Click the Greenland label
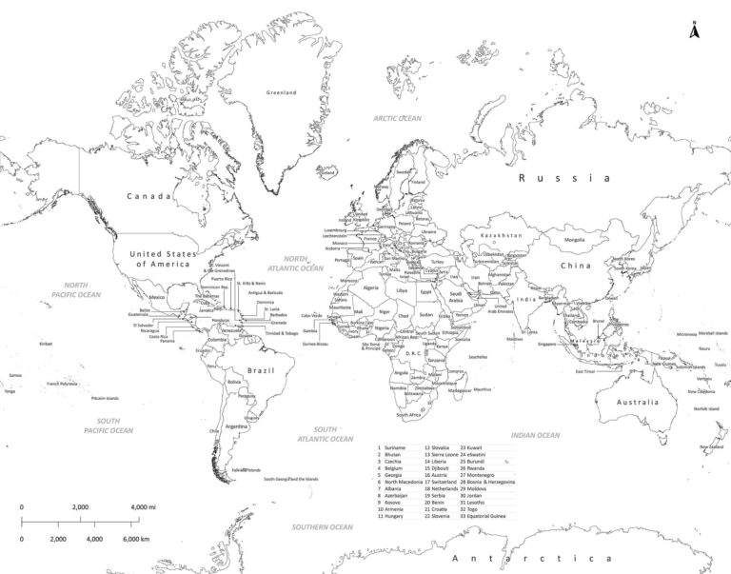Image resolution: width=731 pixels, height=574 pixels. pyautogui.click(x=282, y=92)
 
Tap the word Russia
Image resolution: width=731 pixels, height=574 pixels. pyautogui.click(x=562, y=177)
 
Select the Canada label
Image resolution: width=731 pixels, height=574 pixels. pyautogui.click(x=149, y=197)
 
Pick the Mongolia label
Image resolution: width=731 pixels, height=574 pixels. pyautogui.click(x=575, y=227)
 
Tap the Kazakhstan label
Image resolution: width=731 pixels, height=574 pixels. pyautogui.click(x=502, y=234)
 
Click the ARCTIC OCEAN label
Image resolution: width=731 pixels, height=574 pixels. pyautogui.click(x=397, y=119)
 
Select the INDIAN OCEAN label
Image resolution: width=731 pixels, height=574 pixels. pyautogui.click(x=535, y=435)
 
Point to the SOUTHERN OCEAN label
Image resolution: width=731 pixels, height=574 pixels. pyautogui.click(x=323, y=526)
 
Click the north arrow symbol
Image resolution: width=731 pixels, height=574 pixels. pyautogui.click(x=694, y=30)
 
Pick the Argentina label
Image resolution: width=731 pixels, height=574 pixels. pyautogui.click(x=237, y=427)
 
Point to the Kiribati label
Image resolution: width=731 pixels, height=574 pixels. pyautogui.click(x=45, y=344)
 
